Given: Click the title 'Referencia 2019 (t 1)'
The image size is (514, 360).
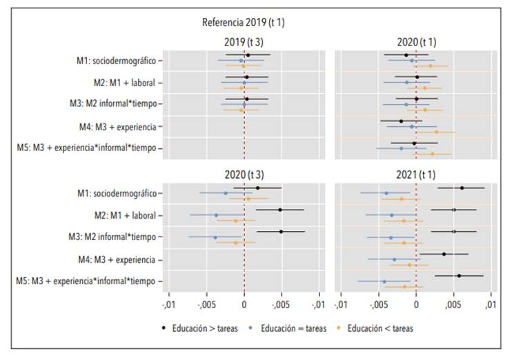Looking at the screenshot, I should (244, 23).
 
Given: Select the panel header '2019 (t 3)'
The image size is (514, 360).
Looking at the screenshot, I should (244, 42).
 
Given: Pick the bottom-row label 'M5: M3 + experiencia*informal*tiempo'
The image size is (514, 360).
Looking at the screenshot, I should (88, 281).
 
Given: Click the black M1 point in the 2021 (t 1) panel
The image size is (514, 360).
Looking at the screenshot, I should (462, 188).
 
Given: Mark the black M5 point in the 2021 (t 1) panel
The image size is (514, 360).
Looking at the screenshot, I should (459, 276).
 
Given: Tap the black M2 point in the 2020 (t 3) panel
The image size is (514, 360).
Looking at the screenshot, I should (280, 210).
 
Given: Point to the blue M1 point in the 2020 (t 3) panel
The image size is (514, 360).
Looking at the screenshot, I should (226, 193).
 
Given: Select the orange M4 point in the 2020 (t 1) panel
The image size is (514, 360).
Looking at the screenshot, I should (436, 132).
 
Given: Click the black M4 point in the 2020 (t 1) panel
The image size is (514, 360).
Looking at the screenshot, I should (401, 121).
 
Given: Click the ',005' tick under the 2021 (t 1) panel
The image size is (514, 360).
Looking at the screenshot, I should (453, 304).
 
